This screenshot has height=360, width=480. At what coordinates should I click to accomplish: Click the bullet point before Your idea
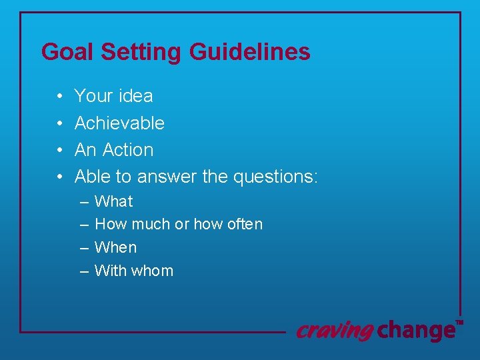click(59, 97)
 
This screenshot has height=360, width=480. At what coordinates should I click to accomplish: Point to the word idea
click(135, 96)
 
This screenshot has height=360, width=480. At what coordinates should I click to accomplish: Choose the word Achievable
click(119, 123)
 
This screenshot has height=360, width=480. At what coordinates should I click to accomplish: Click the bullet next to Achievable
click(59, 123)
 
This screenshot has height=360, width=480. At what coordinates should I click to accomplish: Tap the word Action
click(128, 150)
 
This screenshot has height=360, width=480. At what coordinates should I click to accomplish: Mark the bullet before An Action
click(59, 151)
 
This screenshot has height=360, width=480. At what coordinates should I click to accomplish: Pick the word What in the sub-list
click(114, 201)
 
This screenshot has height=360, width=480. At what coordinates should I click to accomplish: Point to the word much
click(151, 225)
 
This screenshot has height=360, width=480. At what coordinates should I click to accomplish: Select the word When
click(116, 247)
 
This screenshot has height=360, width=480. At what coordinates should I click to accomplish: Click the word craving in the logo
click(334, 330)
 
